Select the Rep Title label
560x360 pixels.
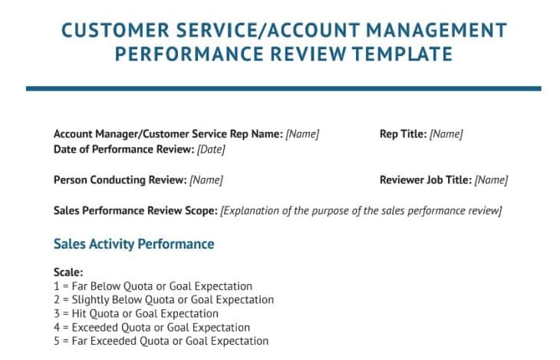coord(403,134)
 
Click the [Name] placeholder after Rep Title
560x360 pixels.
coord(446,134)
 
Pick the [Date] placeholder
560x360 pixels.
coord(211,150)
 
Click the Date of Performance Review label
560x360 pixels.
coord(124,150)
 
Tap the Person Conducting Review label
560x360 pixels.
coord(120,180)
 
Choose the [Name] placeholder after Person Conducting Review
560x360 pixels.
coord(206,180)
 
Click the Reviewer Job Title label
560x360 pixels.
coord(425,180)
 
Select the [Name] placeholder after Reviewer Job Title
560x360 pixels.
coord(491,180)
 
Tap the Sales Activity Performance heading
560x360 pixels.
coord(133,244)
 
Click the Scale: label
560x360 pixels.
coord(68,272)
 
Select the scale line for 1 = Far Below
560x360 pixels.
coord(153,286)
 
